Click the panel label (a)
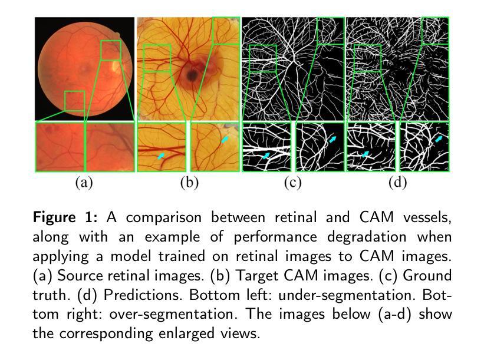click(84, 182)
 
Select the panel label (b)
click(189, 182)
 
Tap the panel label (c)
click(292, 182)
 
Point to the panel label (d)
click(397, 182)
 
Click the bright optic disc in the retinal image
click(116, 66)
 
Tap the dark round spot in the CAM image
click(192, 75)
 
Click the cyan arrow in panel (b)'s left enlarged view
click(161, 156)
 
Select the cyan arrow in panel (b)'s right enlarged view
click(225, 140)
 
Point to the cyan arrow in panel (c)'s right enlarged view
click(332, 140)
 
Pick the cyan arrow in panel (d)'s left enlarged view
click(365, 154)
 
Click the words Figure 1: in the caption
click(65, 217)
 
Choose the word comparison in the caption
click(164, 218)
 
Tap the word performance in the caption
click(275, 237)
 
